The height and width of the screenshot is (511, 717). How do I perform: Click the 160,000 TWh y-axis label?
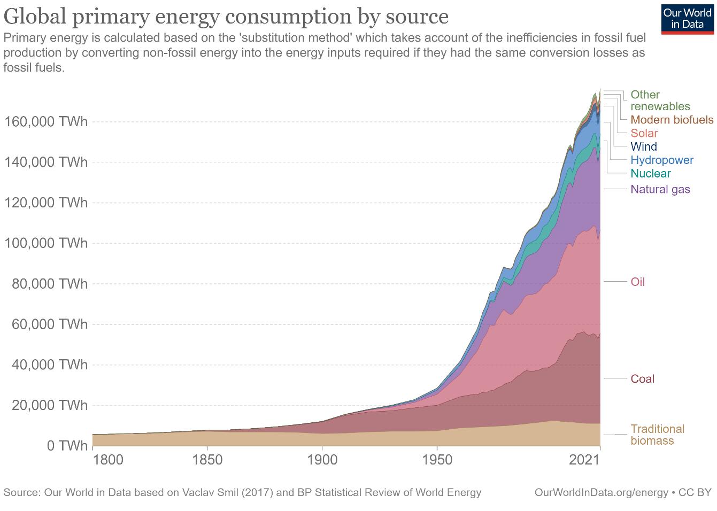(46, 122)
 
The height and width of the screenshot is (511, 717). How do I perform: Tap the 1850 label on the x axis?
(207, 460)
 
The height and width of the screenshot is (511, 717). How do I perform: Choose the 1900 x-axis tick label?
(322, 460)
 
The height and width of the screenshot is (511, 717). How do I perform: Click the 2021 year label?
(584, 460)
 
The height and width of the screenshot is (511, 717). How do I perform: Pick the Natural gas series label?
(660, 189)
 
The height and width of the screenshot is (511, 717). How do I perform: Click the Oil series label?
(638, 282)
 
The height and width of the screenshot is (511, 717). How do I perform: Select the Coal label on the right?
(643, 379)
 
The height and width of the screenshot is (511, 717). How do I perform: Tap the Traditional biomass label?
(657, 435)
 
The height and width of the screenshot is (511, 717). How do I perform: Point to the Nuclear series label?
(651, 173)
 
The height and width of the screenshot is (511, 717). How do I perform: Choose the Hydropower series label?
(662, 160)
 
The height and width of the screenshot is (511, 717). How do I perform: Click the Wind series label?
(644, 146)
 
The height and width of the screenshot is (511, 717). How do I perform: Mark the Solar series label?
(644, 133)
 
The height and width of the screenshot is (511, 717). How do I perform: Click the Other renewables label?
(660, 100)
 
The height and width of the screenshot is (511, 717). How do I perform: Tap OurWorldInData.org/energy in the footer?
(602, 492)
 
